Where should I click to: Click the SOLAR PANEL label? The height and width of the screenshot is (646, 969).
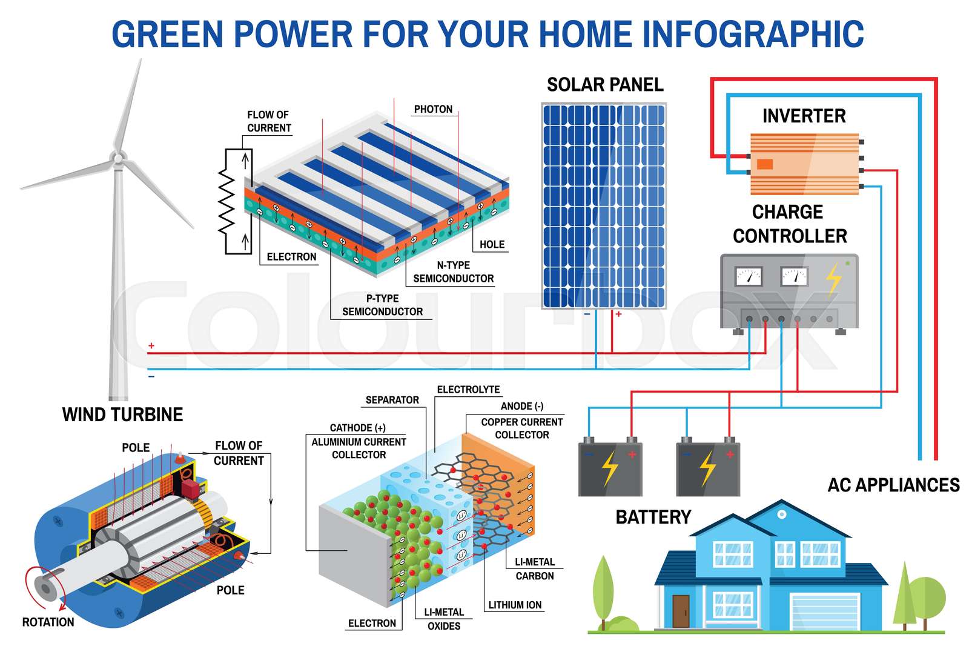(x=604, y=85)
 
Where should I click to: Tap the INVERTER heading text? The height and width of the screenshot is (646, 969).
(x=803, y=116)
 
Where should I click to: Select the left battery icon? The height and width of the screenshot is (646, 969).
(x=609, y=468)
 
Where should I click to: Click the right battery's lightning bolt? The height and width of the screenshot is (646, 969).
(x=707, y=468)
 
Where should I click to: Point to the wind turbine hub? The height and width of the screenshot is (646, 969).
(x=118, y=158)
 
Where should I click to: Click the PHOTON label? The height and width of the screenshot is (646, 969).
(x=433, y=109)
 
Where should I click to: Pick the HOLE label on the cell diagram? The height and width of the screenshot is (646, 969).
(x=492, y=244)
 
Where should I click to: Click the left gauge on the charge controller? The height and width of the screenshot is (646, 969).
(x=748, y=277)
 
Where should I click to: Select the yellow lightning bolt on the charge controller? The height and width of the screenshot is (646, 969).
(x=834, y=278)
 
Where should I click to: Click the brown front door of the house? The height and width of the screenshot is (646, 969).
(x=681, y=610)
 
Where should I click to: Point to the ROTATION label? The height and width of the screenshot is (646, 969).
(x=48, y=622)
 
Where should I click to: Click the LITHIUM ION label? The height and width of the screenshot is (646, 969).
(x=515, y=605)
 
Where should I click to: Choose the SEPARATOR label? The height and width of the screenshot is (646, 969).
(x=392, y=400)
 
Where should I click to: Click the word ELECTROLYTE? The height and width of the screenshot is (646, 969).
(x=468, y=389)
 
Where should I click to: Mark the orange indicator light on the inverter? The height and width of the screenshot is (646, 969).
(x=765, y=164)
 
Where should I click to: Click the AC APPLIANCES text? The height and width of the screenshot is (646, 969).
(x=893, y=485)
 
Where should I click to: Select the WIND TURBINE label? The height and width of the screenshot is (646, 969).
(x=122, y=415)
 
